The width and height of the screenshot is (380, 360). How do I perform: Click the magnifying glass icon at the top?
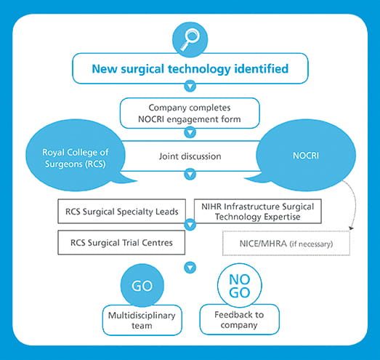click(190, 39)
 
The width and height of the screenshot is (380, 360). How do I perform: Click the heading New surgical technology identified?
click(190, 68)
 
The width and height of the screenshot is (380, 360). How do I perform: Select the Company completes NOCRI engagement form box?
click(190, 113)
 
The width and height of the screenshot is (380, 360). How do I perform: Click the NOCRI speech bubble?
click(306, 155)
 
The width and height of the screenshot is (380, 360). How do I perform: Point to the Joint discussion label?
click(190, 156)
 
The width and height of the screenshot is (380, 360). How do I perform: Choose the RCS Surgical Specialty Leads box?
click(121, 212)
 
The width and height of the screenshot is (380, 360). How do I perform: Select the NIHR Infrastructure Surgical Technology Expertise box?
click(258, 212)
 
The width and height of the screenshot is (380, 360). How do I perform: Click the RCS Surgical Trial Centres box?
click(121, 243)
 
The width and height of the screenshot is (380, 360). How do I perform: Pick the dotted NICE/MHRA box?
click(286, 244)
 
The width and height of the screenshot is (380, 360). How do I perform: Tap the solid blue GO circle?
click(142, 286)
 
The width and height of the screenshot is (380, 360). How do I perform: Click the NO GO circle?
click(240, 286)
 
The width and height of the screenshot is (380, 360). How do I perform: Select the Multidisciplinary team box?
click(142, 320)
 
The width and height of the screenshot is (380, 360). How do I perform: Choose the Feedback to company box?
click(240, 319)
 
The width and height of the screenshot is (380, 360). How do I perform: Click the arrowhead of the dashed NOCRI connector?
click(351, 228)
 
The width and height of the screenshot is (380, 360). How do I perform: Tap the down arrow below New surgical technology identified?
click(190, 86)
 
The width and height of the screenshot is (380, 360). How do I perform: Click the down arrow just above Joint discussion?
click(190, 132)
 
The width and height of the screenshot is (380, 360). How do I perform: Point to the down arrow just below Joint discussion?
click(190, 174)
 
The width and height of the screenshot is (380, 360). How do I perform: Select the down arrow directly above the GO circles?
click(190, 268)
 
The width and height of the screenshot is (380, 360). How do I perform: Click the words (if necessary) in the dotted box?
click(311, 244)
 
